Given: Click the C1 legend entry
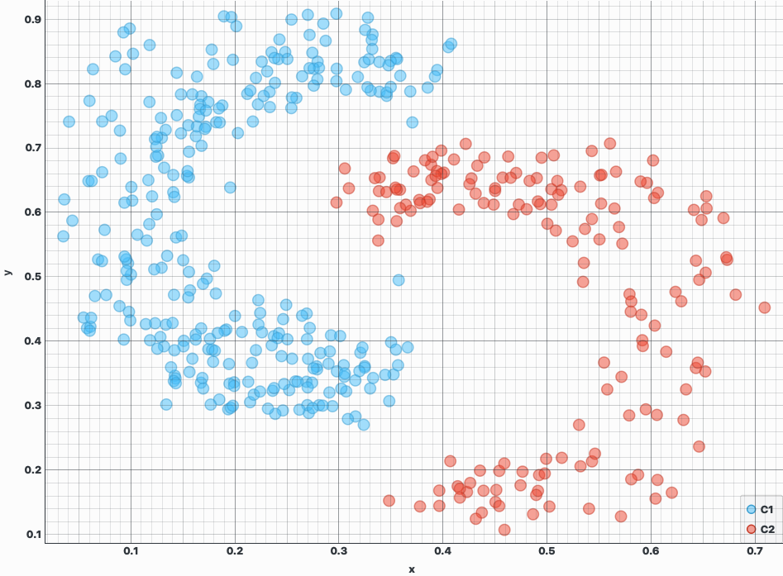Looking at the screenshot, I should tap(760, 510).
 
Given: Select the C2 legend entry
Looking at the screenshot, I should tap(760, 529).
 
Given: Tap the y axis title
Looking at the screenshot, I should tap(7, 272).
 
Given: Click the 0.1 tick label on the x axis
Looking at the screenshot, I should tap(131, 551).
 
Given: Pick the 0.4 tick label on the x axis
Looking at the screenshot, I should tap(443, 551).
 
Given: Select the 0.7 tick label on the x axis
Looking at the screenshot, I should tap(755, 551).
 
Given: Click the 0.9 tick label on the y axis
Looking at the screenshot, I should tap(34, 19).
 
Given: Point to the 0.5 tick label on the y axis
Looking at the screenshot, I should tap(34, 277).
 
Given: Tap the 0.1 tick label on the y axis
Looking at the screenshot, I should tap(34, 535).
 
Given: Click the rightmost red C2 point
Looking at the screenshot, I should tap(764, 307).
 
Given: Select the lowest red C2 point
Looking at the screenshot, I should tap(504, 530).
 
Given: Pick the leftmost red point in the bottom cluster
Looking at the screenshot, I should tap(389, 500).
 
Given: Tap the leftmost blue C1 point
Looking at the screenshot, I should tap(63, 236).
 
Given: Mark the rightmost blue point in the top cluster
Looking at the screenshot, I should tap(451, 44).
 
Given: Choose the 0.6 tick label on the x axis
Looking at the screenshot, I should tap(651, 551).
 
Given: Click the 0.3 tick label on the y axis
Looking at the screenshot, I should tap(34, 406).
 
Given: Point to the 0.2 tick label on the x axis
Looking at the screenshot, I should tap(235, 551).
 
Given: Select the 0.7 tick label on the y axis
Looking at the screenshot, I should tap(34, 148).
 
